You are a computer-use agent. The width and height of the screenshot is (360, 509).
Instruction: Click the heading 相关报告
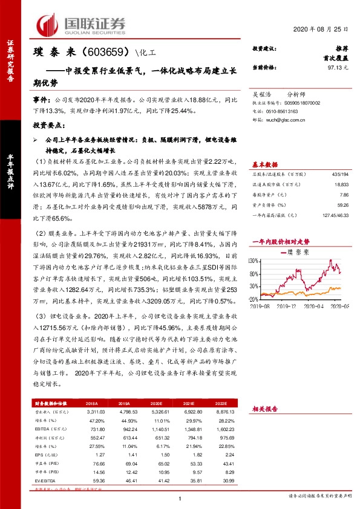(x=264, y=409)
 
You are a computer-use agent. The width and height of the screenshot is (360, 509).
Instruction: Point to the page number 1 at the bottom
(x=180, y=499)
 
